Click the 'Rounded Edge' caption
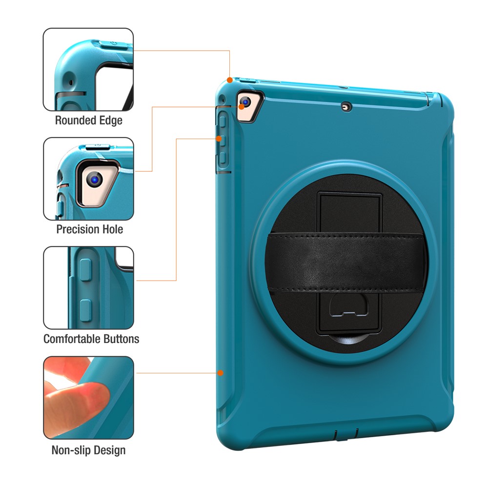[x=88, y=120]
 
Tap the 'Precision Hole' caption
[x=89, y=229]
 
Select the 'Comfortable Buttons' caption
[x=91, y=339]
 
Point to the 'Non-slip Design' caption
[x=88, y=449]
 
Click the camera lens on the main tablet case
[x=245, y=102]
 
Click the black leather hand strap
[x=348, y=262]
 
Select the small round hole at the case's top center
[x=346, y=106]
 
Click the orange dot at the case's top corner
[x=230, y=79]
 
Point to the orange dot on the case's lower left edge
[x=221, y=373]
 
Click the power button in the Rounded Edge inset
[x=114, y=44]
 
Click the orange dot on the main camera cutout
[x=242, y=106]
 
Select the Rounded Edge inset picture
[x=88, y=70]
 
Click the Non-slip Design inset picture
[x=88, y=398]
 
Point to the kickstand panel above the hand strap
[x=349, y=212]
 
